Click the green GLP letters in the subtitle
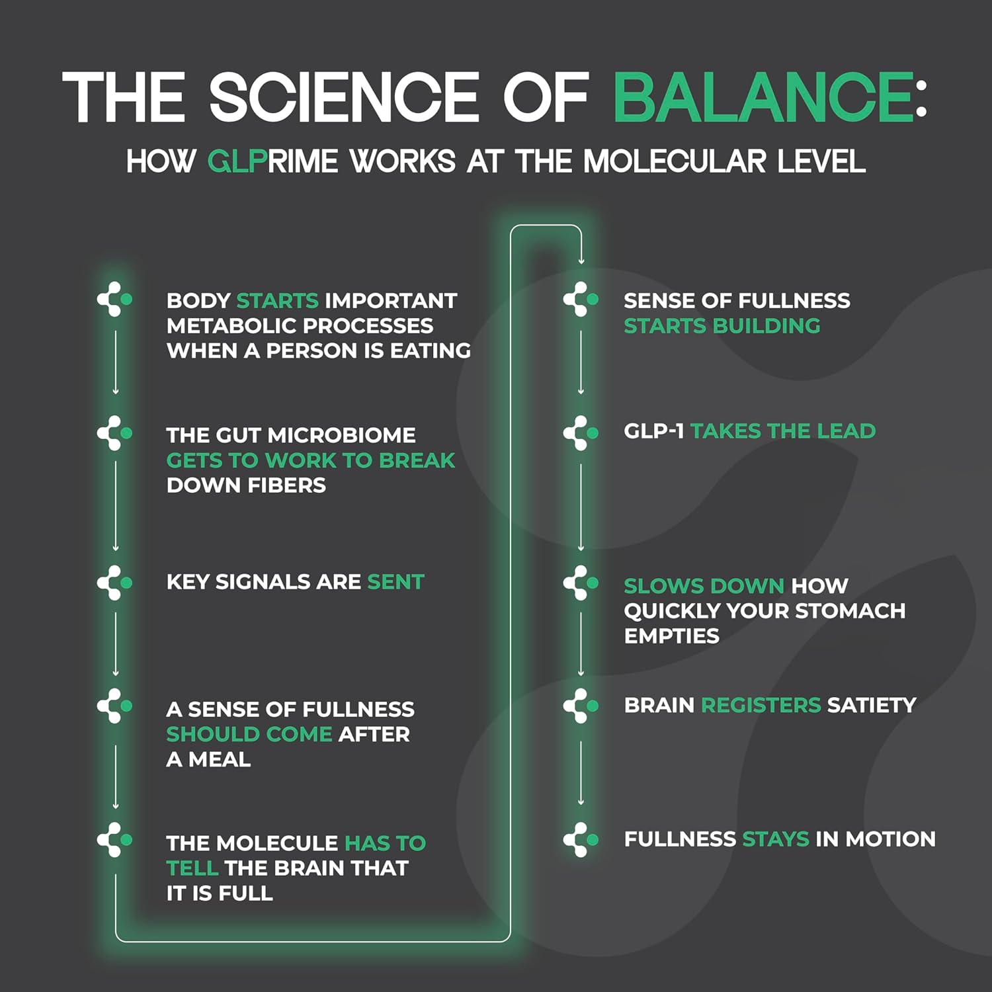237,161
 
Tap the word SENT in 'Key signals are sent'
395,582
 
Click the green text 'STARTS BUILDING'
722,326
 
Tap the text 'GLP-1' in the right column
653,431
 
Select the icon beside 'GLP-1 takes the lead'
581,433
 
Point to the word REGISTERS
761,706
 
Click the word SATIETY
872,706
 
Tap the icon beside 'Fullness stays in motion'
581,840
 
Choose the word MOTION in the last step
891,839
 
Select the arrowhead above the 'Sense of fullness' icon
581,261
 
